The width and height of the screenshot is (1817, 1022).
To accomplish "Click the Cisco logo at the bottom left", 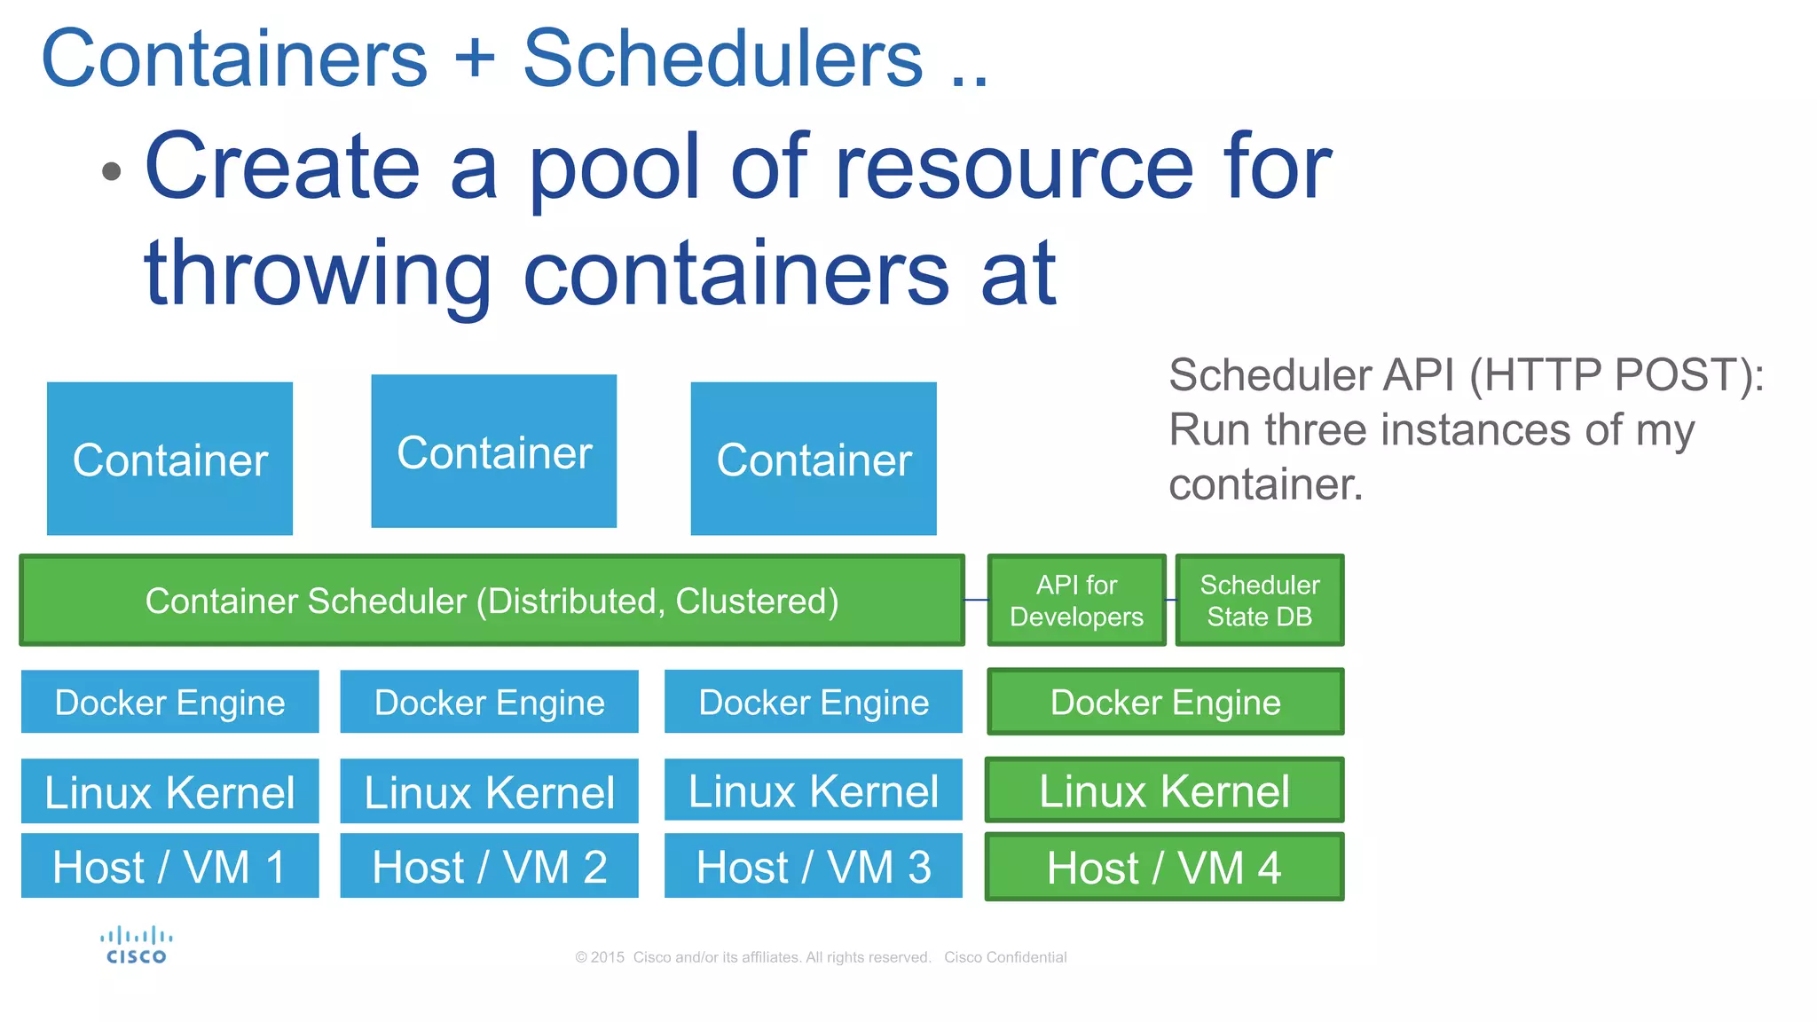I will (x=136, y=946).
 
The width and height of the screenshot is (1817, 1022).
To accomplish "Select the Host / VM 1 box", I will (x=169, y=866).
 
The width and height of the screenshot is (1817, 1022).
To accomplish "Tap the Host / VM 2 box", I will (x=489, y=866).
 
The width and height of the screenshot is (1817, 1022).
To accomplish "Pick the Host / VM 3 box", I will (x=813, y=866).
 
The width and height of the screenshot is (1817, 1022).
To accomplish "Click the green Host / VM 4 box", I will (x=1164, y=867).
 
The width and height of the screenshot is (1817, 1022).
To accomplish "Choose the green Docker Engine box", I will (x=1165, y=702).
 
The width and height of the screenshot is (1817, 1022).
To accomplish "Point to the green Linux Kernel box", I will (x=1164, y=790).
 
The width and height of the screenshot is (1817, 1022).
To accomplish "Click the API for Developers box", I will (x=1076, y=601).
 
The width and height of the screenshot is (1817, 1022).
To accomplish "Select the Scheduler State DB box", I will (x=1259, y=601).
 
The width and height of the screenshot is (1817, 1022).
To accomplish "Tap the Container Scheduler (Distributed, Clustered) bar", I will (x=492, y=601).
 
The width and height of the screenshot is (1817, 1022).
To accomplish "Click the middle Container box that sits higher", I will (x=493, y=452).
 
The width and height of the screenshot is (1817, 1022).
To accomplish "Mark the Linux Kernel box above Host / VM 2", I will (x=489, y=791).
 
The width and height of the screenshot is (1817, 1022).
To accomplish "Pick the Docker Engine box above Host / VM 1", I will (x=169, y=702).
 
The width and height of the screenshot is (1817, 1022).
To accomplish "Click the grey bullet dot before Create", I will (x=111, y=170).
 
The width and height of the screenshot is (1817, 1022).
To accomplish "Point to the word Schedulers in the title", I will (x=722, y=59).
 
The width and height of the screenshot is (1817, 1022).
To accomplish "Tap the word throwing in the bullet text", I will (x=317, y=274).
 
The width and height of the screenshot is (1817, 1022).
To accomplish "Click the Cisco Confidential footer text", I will (x=1004, y=957).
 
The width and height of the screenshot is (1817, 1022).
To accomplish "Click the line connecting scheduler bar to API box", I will (x=976, y=601).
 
